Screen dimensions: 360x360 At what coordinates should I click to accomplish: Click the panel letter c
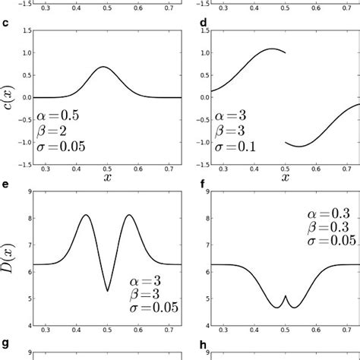click(6, 22)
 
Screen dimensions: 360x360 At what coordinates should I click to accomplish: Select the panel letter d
click(202, 22)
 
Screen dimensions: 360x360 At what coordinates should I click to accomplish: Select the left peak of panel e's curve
click(86, 215)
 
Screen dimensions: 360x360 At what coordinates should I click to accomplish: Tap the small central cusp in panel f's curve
click(284, 296)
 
